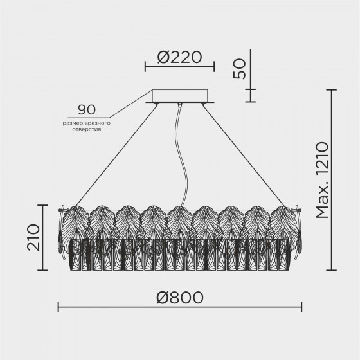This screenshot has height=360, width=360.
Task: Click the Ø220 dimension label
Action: point(180,57)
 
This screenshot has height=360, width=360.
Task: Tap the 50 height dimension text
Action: point(239,69)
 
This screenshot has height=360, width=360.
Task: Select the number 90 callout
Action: point(87,110)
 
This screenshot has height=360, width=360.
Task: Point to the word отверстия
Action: point(87,129)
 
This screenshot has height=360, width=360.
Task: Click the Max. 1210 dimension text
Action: point(322,180)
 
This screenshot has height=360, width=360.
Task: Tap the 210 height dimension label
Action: point(33,237)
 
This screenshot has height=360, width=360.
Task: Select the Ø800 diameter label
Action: point(180,298)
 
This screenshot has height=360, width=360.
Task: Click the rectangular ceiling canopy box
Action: point(180,96)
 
